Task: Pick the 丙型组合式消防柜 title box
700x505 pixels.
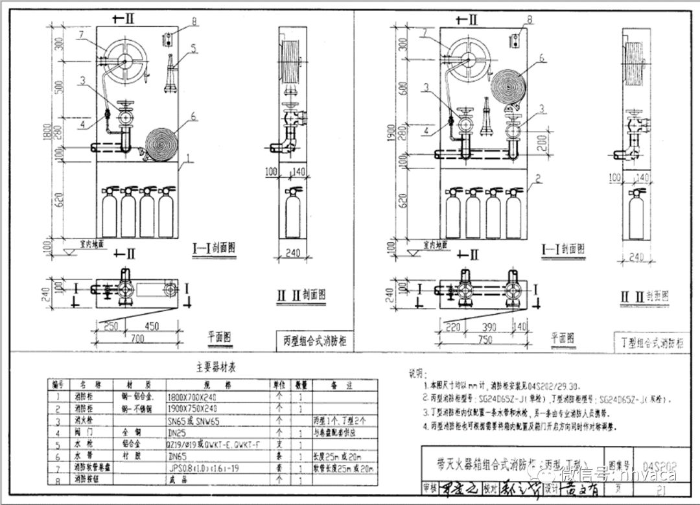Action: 314,340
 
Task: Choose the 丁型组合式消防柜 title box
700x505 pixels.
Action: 649,342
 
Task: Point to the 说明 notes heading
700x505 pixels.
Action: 415,374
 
